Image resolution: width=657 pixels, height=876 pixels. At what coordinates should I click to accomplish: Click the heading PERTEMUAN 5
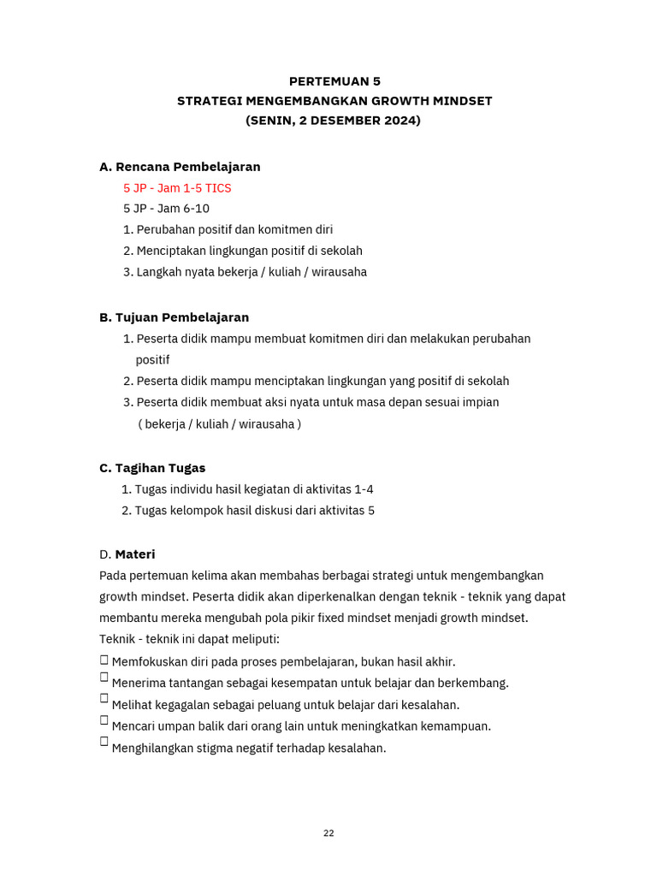[x=334, y=81]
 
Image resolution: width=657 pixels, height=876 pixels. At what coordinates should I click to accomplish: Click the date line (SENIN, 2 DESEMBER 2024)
[x=334, y=121]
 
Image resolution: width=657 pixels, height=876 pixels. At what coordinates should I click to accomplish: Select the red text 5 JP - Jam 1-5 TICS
[x=177, y=187]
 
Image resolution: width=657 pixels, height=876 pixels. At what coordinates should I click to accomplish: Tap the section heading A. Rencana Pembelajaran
[x=180, y=167]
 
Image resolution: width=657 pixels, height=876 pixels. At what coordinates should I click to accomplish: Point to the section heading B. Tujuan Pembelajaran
[x=174, y=317]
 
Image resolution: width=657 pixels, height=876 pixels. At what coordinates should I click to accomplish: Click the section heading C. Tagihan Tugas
[x=152, y=468]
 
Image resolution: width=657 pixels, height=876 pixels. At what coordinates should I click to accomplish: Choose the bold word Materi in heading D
[x=135, y=554]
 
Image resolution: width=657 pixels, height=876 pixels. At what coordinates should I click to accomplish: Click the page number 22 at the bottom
[x=328, y=833]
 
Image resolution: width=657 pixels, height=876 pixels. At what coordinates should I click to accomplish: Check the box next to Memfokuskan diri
[x=104, y=660]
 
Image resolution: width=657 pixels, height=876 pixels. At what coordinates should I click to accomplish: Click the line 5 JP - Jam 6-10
[x=166, y=209]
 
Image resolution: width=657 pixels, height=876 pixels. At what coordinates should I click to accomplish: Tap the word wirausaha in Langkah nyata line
[x=339, y=272]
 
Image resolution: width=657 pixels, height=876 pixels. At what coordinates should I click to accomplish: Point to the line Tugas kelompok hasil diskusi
[x=248, y=511]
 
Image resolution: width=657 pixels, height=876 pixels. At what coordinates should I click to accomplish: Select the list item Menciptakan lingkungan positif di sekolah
[x=243, y=251]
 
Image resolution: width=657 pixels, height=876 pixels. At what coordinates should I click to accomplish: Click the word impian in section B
[x=480, y=402]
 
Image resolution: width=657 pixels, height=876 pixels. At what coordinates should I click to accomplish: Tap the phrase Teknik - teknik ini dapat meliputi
[x=189, y=639]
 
